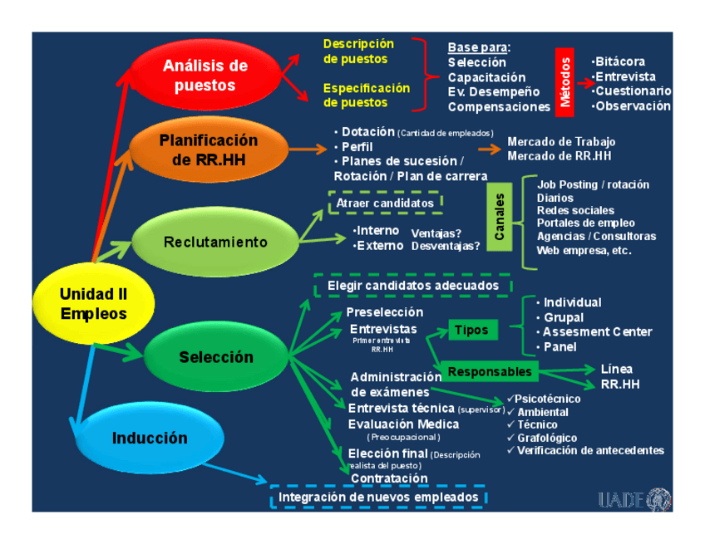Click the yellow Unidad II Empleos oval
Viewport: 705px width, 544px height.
[93, 304]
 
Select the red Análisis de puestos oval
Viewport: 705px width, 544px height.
[205, 75]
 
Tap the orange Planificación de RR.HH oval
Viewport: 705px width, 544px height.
[209, 149]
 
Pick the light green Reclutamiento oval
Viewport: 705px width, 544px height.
[215, 243]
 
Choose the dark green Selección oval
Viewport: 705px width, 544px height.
[215, 357]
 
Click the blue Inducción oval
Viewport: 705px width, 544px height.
[150, 438]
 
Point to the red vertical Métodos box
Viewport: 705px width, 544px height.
[565, 81]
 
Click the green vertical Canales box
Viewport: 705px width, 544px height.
[499, 218]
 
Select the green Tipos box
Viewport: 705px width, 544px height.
[471, 330]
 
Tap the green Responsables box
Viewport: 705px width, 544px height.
[489, 371]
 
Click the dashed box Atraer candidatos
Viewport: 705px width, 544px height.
[386, 203]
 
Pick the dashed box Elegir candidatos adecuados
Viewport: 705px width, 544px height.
[413, 286]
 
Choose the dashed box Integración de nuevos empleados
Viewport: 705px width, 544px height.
[378, 497]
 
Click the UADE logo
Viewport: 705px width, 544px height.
[634, 498]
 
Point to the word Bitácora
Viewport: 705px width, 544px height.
[620, 61]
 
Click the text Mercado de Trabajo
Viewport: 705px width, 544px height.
[561, 142]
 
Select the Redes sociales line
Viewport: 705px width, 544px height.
[575, 211]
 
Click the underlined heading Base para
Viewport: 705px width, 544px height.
[479, 47]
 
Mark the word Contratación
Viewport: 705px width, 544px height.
[389, 478]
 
